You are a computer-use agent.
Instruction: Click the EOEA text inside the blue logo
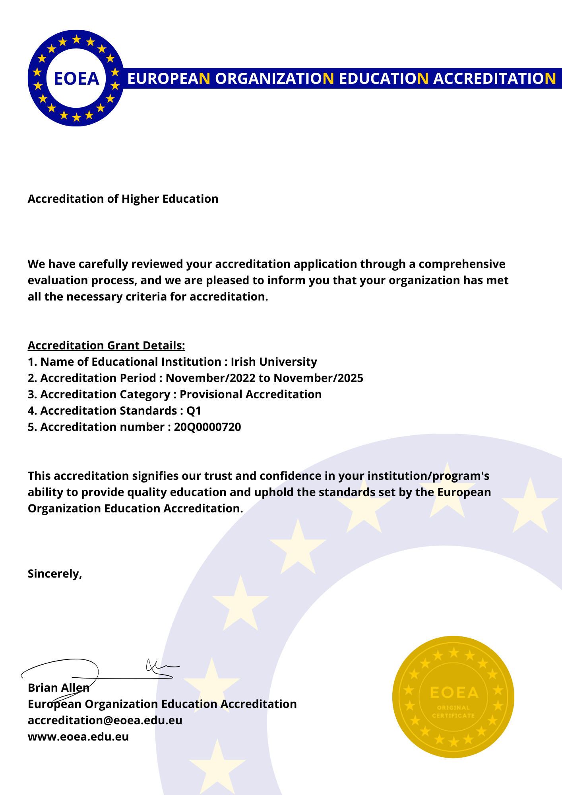(x=76, y=79)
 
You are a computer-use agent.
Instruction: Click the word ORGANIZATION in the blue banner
(x=275, y=79)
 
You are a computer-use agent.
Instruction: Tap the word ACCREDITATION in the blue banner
(x=494, y=79)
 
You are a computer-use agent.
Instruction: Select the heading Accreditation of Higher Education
(x=123, y=199)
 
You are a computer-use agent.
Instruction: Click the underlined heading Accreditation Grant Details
(x=106, y=345)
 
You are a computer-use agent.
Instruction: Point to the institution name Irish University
(x=274, y=362)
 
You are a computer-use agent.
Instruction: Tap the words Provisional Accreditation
(x=250, y=394)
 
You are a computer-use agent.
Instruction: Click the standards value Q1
(x=194, y=411)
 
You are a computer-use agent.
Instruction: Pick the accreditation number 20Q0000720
(x=207, y=427)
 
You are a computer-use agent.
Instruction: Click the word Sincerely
(x=54, y=574)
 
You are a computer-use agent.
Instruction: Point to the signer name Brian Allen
(x=58, y=688)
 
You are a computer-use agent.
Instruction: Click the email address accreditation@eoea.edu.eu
(x=105, y=720)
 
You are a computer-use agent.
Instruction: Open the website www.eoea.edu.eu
(x=78, y=737)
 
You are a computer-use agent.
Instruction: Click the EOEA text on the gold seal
(x=454, y=693)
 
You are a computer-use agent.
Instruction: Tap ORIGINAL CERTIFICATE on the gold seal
(x=453, y=712)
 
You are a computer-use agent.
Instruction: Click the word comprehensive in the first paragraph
(x=462, y=264)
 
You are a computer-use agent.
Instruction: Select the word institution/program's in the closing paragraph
(x=428, y=476)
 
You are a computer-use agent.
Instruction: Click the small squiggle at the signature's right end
(x=159, y=667)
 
